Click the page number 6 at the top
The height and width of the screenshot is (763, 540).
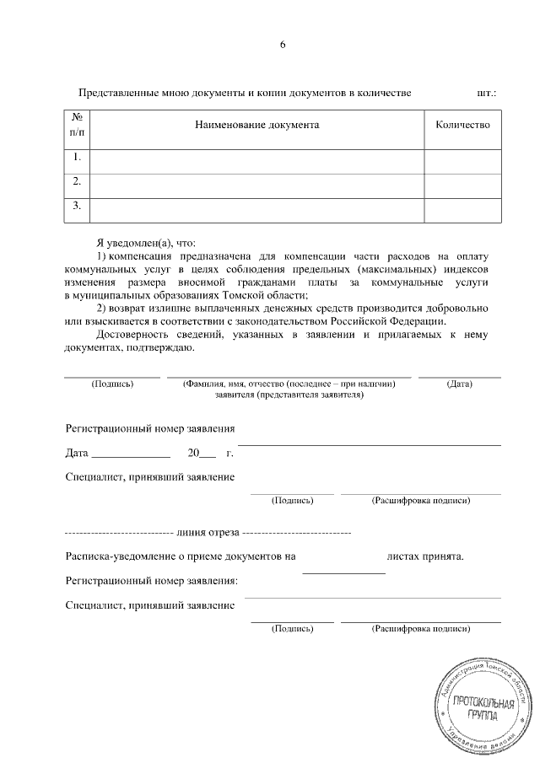[x=283, y=45]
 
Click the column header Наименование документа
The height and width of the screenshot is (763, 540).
[x=256, y=125]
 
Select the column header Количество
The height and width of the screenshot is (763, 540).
[x=462, y=125]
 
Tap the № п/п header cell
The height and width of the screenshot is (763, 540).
[x=77, y=125]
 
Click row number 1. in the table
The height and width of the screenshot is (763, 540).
[x=77, y=158]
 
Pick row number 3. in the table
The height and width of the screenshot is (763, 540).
[x=77, y=205]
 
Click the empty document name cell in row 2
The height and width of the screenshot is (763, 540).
[x=256, y=181]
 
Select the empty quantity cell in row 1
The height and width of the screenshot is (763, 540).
[x=462, y=158]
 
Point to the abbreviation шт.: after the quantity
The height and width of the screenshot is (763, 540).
[x=486, y=92]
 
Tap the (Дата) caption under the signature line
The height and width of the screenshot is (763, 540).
[x=459, y=384]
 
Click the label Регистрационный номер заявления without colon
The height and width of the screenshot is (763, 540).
[x=149, y=429]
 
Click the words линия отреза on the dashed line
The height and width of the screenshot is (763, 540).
[x=208, y=534]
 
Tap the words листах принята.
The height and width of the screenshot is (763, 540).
[x=425, y=556]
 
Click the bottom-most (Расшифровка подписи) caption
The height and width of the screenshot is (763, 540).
[x=420, y=629]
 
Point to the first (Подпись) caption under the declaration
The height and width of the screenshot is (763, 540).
[x=111, y=384]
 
